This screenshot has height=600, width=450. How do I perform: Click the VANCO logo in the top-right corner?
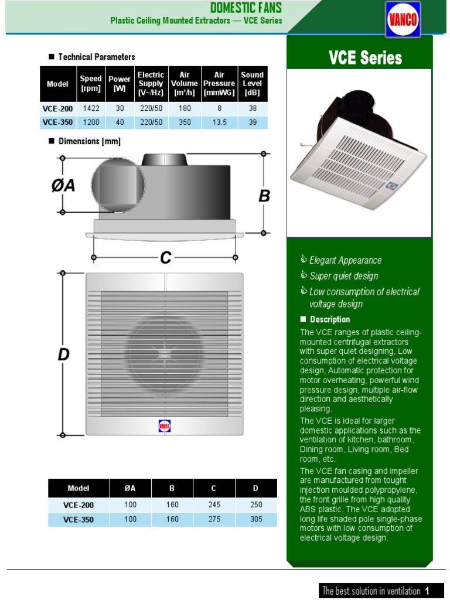[x=402, y=19]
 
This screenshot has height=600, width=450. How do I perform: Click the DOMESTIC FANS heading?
[x=246, y=8]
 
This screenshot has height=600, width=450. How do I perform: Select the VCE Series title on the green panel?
[x=365, y=57]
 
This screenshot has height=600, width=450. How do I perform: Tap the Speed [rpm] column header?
[x=90, y=84]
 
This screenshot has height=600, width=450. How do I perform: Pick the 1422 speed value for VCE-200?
[x=91, y=108]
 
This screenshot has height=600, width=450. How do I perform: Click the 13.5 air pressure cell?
[x=219, y=122]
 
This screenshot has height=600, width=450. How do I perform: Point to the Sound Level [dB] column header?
[x=253, y=84]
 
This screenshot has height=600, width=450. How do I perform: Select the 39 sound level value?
[x=253, y=122]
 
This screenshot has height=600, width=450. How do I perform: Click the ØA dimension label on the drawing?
[x=63, y=185]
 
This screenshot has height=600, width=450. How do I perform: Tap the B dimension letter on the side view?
[x=264, y=196]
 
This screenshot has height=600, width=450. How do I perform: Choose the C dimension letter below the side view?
[x=166, y=258]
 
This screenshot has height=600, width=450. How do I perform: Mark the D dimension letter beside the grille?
[x=64, y=354]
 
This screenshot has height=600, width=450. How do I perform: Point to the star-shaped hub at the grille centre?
[x=165, y=354]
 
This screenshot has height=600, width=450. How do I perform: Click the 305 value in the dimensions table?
[x=256, y=519]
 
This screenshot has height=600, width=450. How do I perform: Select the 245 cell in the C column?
[x=214, y=504]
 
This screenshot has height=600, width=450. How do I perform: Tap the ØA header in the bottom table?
[x=130, y=488]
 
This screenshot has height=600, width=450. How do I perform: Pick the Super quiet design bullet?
[x=343, y=276]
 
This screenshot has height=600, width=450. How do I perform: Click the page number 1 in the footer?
[x=428, y=590]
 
